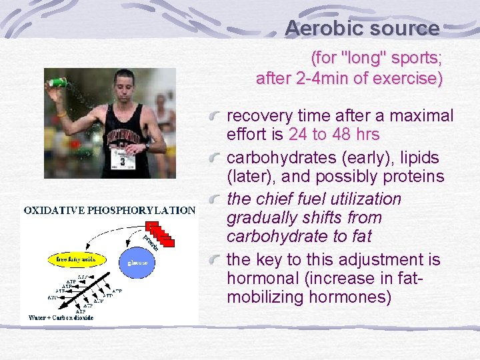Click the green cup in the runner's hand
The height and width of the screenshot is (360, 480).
[58, 82]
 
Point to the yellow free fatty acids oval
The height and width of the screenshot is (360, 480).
[70, 258]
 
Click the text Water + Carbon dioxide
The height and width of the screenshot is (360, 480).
[61, 317]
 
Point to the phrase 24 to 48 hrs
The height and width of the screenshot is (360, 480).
[334, 135]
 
